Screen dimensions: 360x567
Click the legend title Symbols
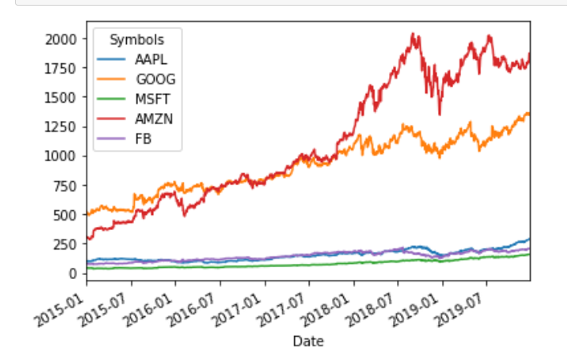137,38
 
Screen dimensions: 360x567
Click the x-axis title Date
308,342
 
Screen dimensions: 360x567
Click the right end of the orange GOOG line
529,113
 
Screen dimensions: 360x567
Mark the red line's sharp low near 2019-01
439,114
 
